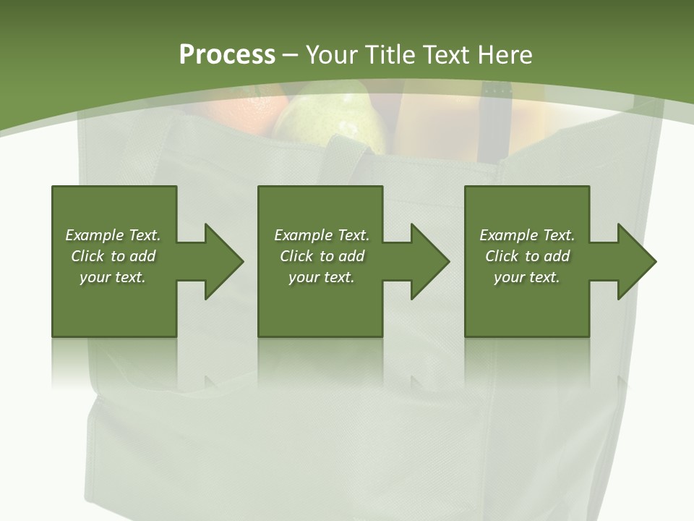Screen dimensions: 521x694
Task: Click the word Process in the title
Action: point(227,55)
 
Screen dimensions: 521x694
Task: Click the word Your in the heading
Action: point(332,55)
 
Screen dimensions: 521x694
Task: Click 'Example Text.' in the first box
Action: point(113,235)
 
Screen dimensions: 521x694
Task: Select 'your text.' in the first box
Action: point(113,277)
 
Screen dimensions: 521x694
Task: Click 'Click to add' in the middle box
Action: point(322,256)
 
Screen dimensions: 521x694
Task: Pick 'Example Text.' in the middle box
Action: point(322,235)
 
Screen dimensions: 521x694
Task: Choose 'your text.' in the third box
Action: point(526,277)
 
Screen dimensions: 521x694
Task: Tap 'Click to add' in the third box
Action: point(527,256)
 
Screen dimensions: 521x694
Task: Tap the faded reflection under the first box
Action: point(113,362)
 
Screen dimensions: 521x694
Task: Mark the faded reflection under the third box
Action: point(526,362)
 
